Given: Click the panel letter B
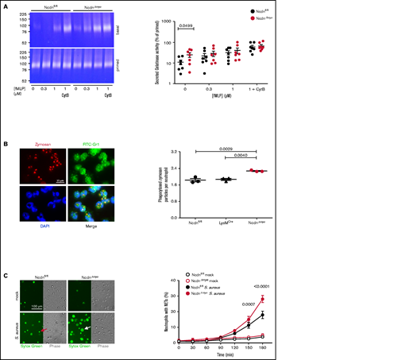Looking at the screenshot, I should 6,145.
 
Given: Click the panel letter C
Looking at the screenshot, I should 6,274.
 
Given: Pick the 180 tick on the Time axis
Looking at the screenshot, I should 386,349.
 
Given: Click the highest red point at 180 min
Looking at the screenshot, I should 386,299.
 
